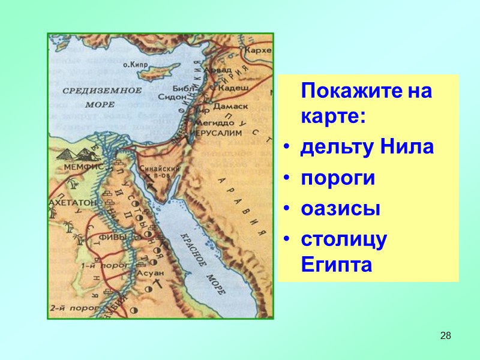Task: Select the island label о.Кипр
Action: pos(136,63)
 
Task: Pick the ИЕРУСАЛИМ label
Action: pos(216,131)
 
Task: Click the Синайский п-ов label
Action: pos(155,173)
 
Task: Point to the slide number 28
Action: pos(445,335)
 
